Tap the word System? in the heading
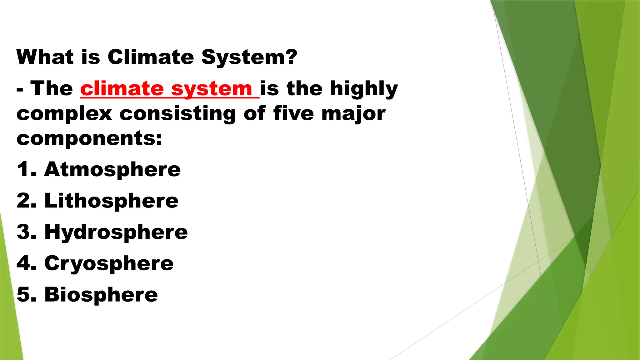click(249, 57)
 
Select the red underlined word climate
click(122, 88)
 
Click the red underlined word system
click(212, 89)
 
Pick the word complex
click(64, 114)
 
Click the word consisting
click(177, 114)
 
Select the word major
click(353, 114)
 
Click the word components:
click(89, 139)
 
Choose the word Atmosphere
click(112, 169)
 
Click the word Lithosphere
click(112, 201)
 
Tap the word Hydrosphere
click(116, 232)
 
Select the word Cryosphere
click(109, 264)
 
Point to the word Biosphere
click(101, 294)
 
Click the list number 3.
click(24, 232)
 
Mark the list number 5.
click(24, 294)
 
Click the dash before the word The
click(20, 90)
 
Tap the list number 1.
click(23, 169)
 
